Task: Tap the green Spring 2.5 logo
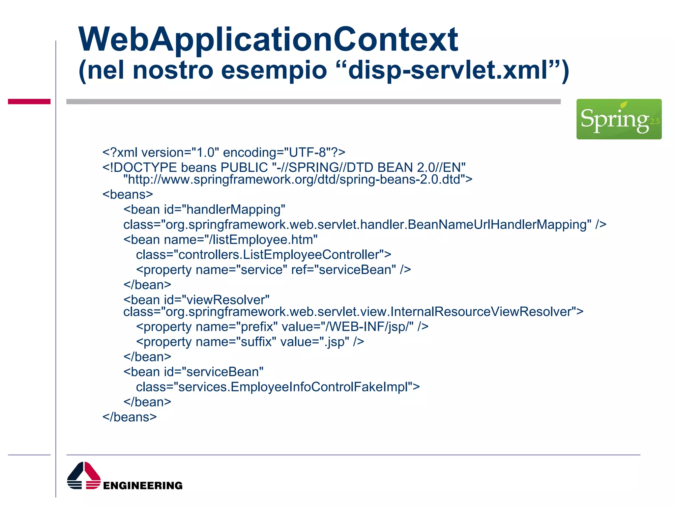point(619,119)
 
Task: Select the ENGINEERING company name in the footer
point(143,486)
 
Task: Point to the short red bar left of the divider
point(29,101)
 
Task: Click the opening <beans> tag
point(128,194)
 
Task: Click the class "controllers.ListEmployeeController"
point(280,255)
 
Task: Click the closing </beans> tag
point(130,417)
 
